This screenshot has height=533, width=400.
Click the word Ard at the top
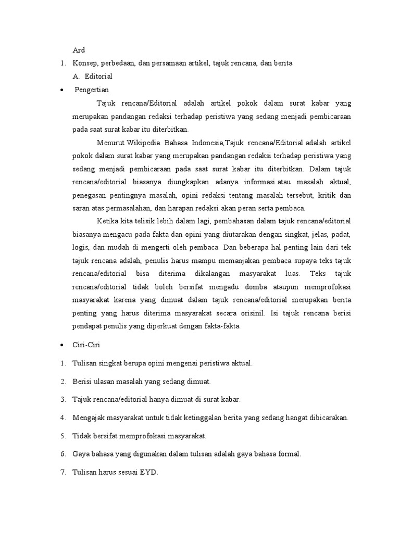[78, 50]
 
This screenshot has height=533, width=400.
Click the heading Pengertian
[92, 90]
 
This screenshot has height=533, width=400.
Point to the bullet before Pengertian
[62, 90]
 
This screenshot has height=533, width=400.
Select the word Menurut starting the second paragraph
[110, 143]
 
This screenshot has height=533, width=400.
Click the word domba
[256, 287]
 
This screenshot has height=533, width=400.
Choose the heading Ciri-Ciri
[86, 346]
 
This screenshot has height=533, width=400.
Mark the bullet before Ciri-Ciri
[62, 346]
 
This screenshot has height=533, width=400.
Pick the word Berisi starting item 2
[83, 382]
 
